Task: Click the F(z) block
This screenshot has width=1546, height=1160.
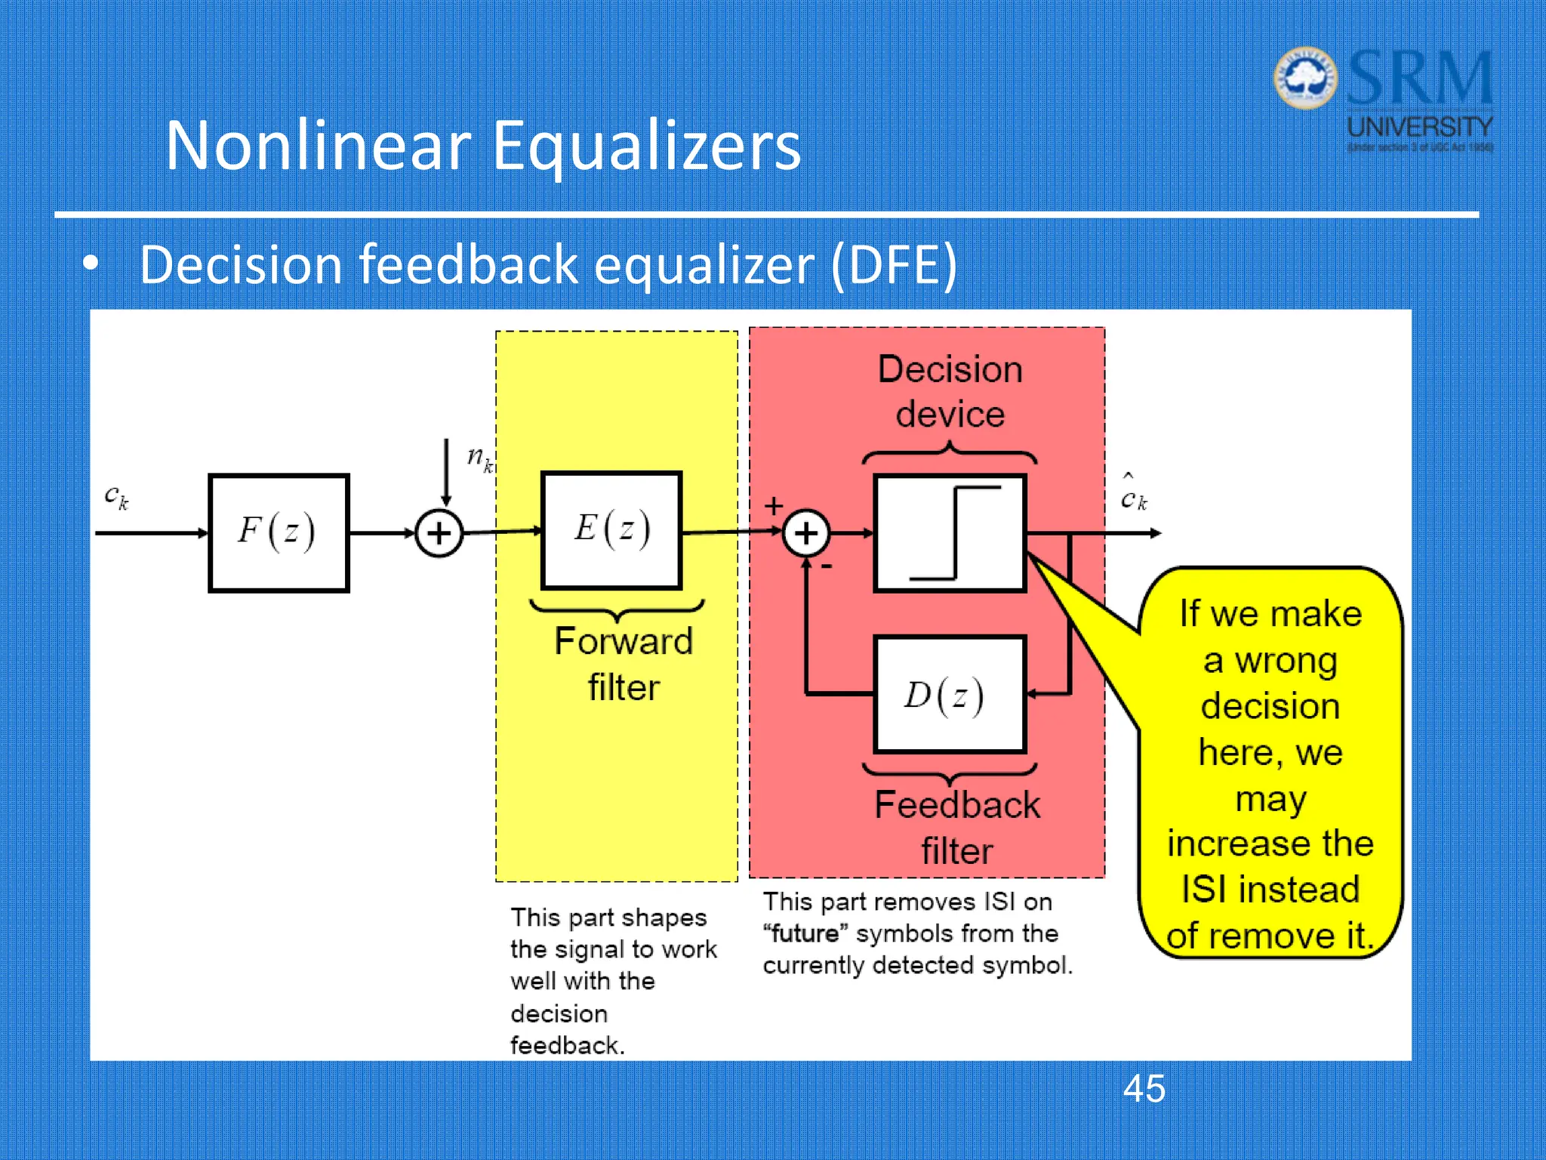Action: pos(279,532)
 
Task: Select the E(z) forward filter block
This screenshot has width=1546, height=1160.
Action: pos(611,529)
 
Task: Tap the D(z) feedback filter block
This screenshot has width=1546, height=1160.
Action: pos(950,695)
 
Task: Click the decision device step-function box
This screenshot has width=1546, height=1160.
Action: pos(950,532)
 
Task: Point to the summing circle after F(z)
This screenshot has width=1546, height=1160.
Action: pos(439,533)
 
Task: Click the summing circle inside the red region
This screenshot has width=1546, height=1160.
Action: pos(806,533)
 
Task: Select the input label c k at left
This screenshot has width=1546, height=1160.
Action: pos(116,497)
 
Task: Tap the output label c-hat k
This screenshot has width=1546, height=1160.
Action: pos(1133,495)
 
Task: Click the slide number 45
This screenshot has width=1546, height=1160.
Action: pos(1144,1089)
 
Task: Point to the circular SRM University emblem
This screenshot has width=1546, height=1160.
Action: pos(1305,78)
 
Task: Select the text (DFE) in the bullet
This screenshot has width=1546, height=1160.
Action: pos(894,265)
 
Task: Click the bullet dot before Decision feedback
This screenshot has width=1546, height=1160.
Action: pos(91,264)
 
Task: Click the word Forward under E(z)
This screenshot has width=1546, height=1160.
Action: pos(624,641)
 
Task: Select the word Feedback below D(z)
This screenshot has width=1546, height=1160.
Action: pos(957,805)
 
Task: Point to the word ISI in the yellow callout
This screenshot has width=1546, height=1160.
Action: pos(1206,889)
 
